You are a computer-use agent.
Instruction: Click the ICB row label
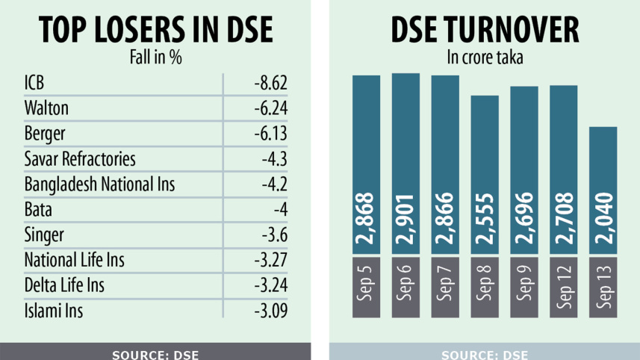(34, 82)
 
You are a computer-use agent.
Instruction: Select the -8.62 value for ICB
(270, 82)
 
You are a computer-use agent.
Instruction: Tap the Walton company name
(46, 108)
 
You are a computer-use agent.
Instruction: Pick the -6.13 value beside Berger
(270, 134)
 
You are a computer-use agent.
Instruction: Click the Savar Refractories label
(80, 159)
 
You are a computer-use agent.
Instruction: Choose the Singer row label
(44, 235)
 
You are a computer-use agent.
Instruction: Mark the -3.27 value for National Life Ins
(270, 261)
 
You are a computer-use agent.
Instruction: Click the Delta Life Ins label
(64, 285)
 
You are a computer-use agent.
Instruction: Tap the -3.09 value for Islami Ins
(270, 311)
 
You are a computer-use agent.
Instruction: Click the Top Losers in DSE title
(155, 29)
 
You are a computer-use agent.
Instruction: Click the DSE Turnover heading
(484, 29)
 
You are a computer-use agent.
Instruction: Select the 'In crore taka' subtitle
(484, 56)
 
